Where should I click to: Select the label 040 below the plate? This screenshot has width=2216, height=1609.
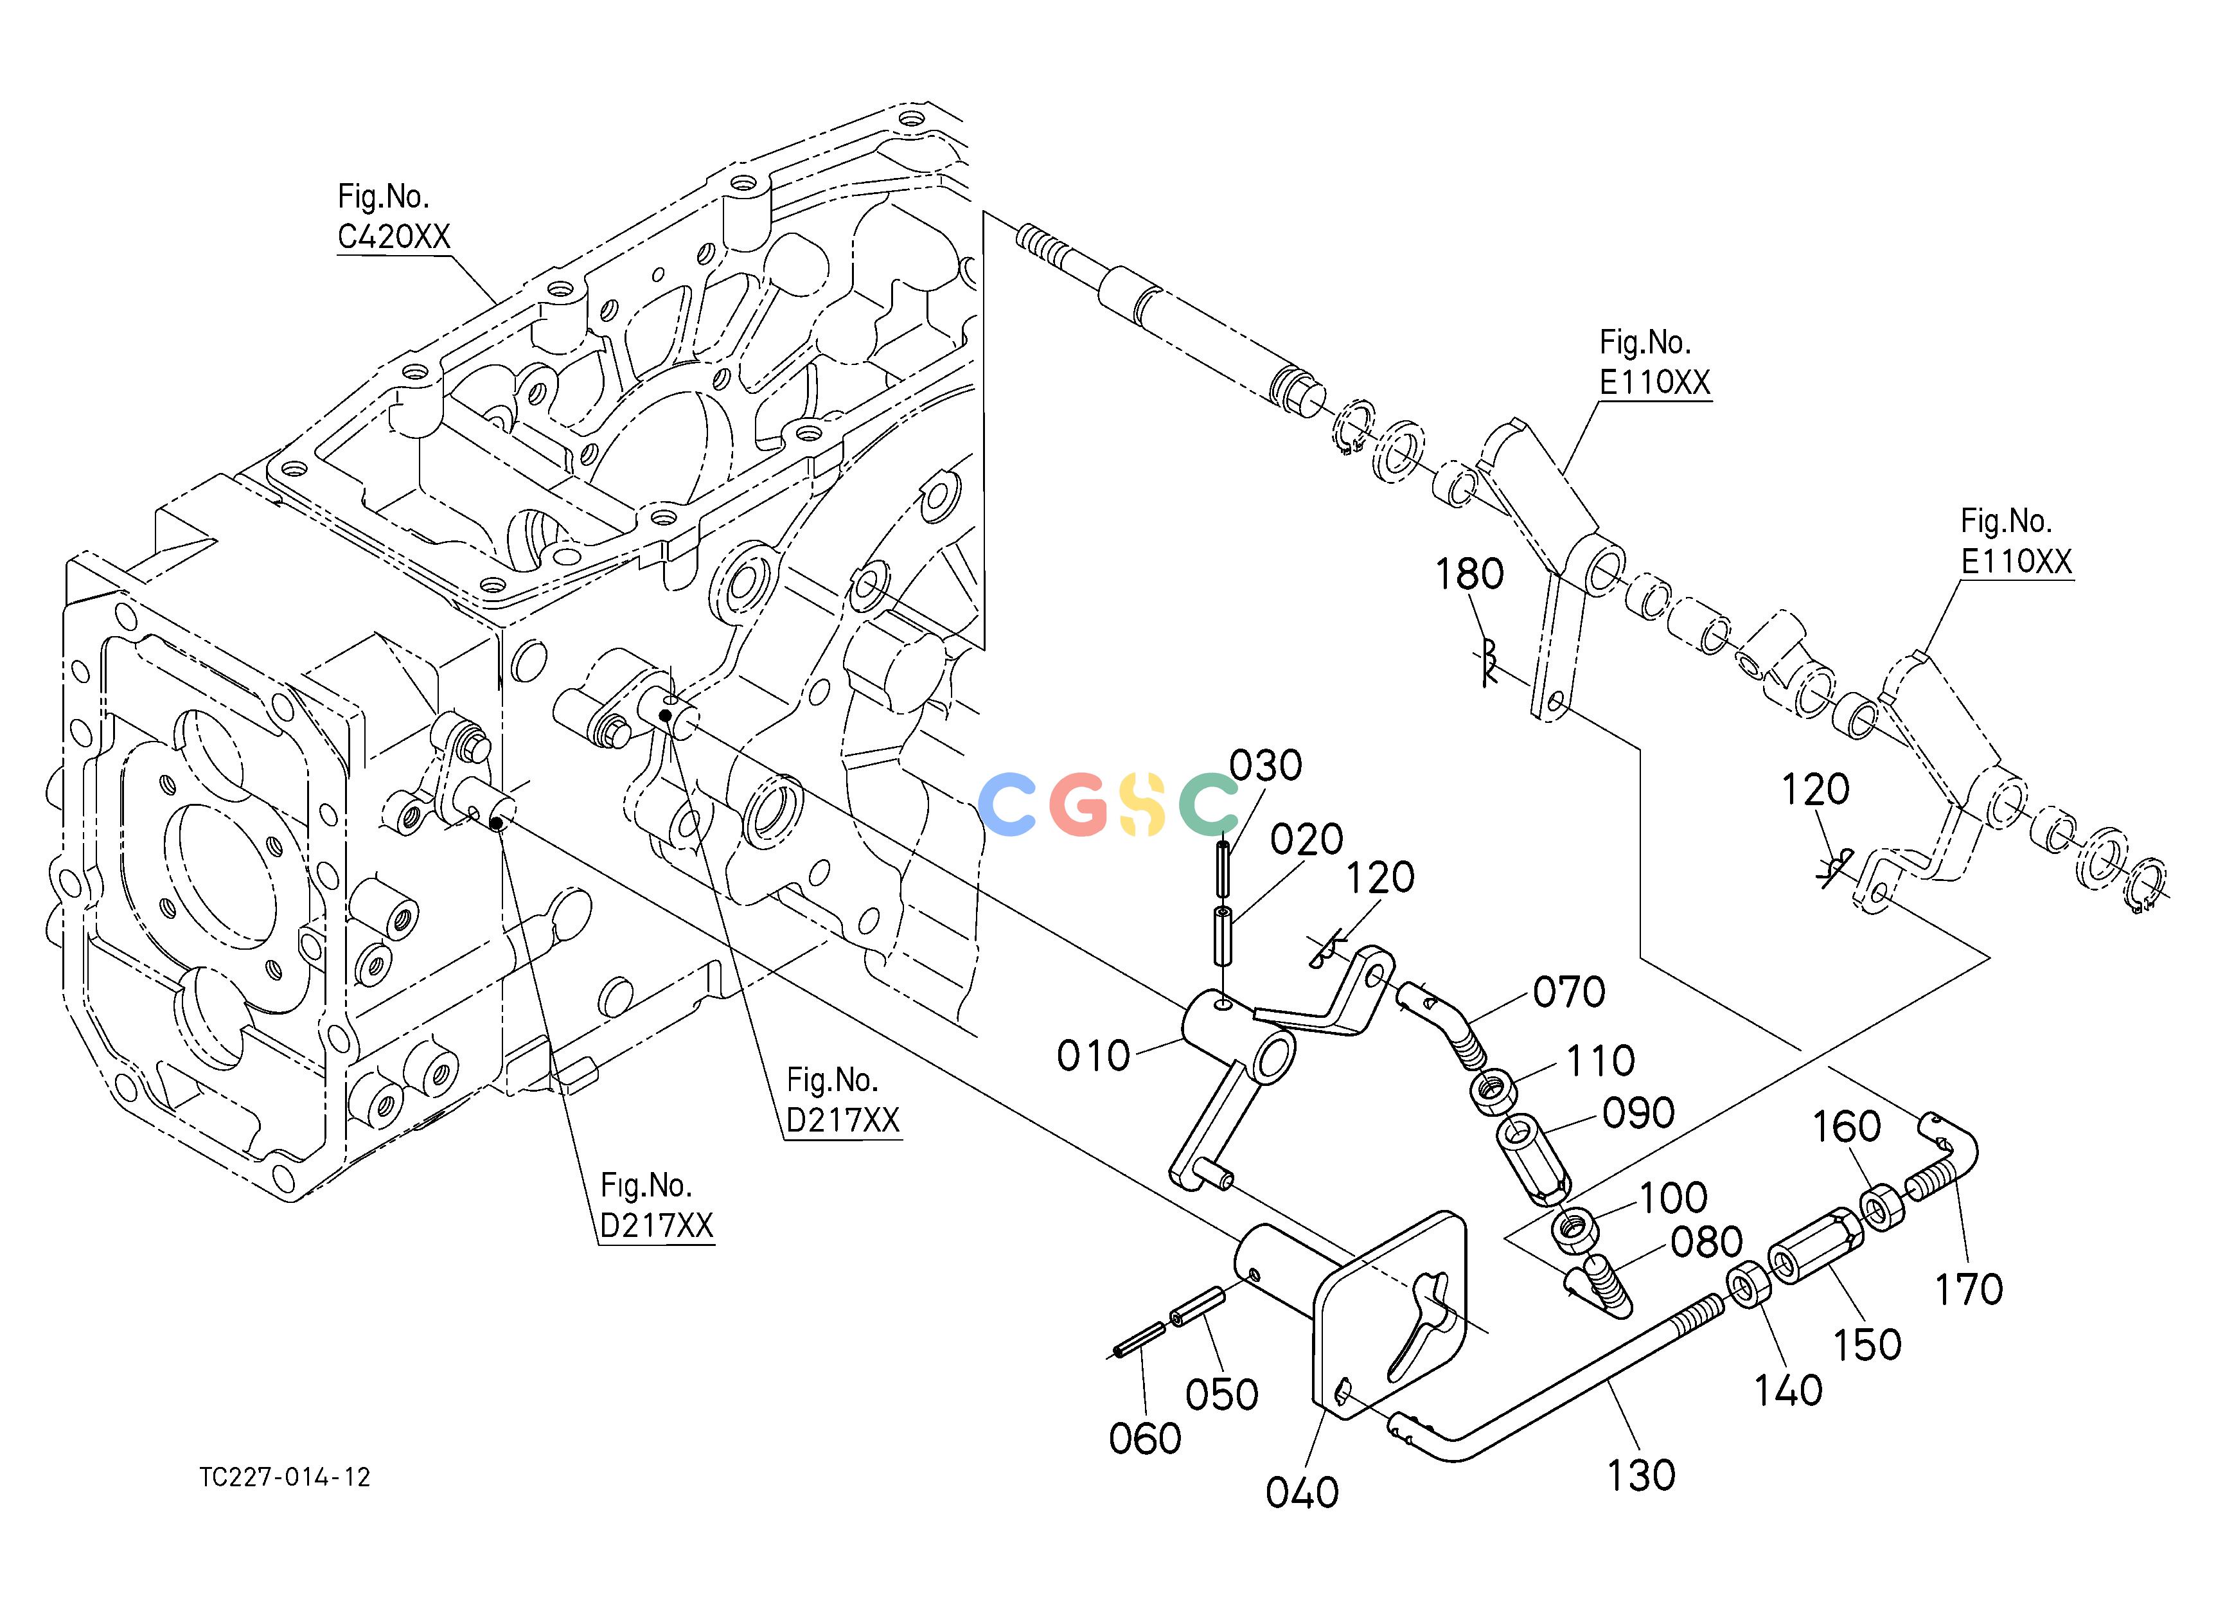(1302, 1492)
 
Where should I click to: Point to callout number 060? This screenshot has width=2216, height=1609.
(1145, 1438)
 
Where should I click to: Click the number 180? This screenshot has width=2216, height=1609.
(1469, 574)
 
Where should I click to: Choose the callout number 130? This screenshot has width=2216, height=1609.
(1642, 1475)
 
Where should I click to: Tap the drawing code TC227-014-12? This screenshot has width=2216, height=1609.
(285, 1477)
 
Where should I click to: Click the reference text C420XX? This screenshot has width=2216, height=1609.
(394, 236)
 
